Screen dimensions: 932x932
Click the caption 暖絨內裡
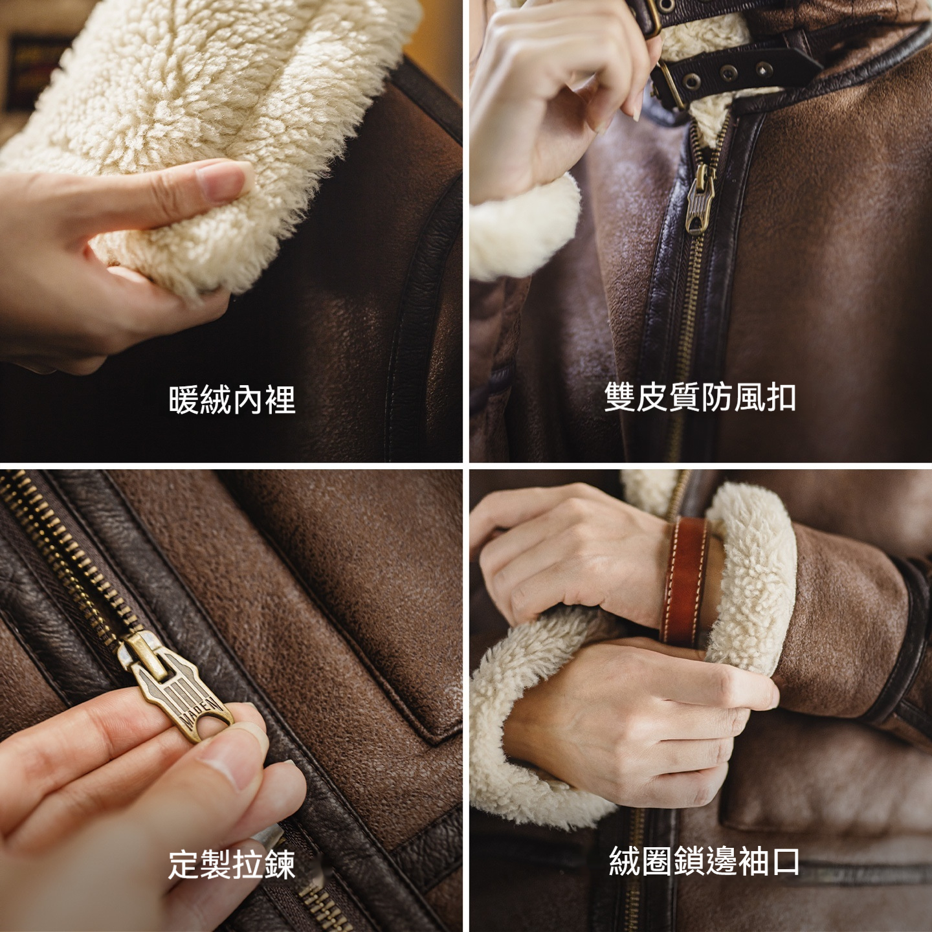click(x=232, y=399)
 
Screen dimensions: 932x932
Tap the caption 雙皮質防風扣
click(x=700, y=397)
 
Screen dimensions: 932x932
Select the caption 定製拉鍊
click(x=232, y=865)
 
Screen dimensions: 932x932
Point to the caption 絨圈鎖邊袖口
click(x=704, y=861)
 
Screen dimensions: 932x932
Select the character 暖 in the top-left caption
click(x=184, y=399)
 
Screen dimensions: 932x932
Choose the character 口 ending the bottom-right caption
click(x=784, y=861)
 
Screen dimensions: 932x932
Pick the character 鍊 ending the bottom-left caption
click(x=280, y=865)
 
